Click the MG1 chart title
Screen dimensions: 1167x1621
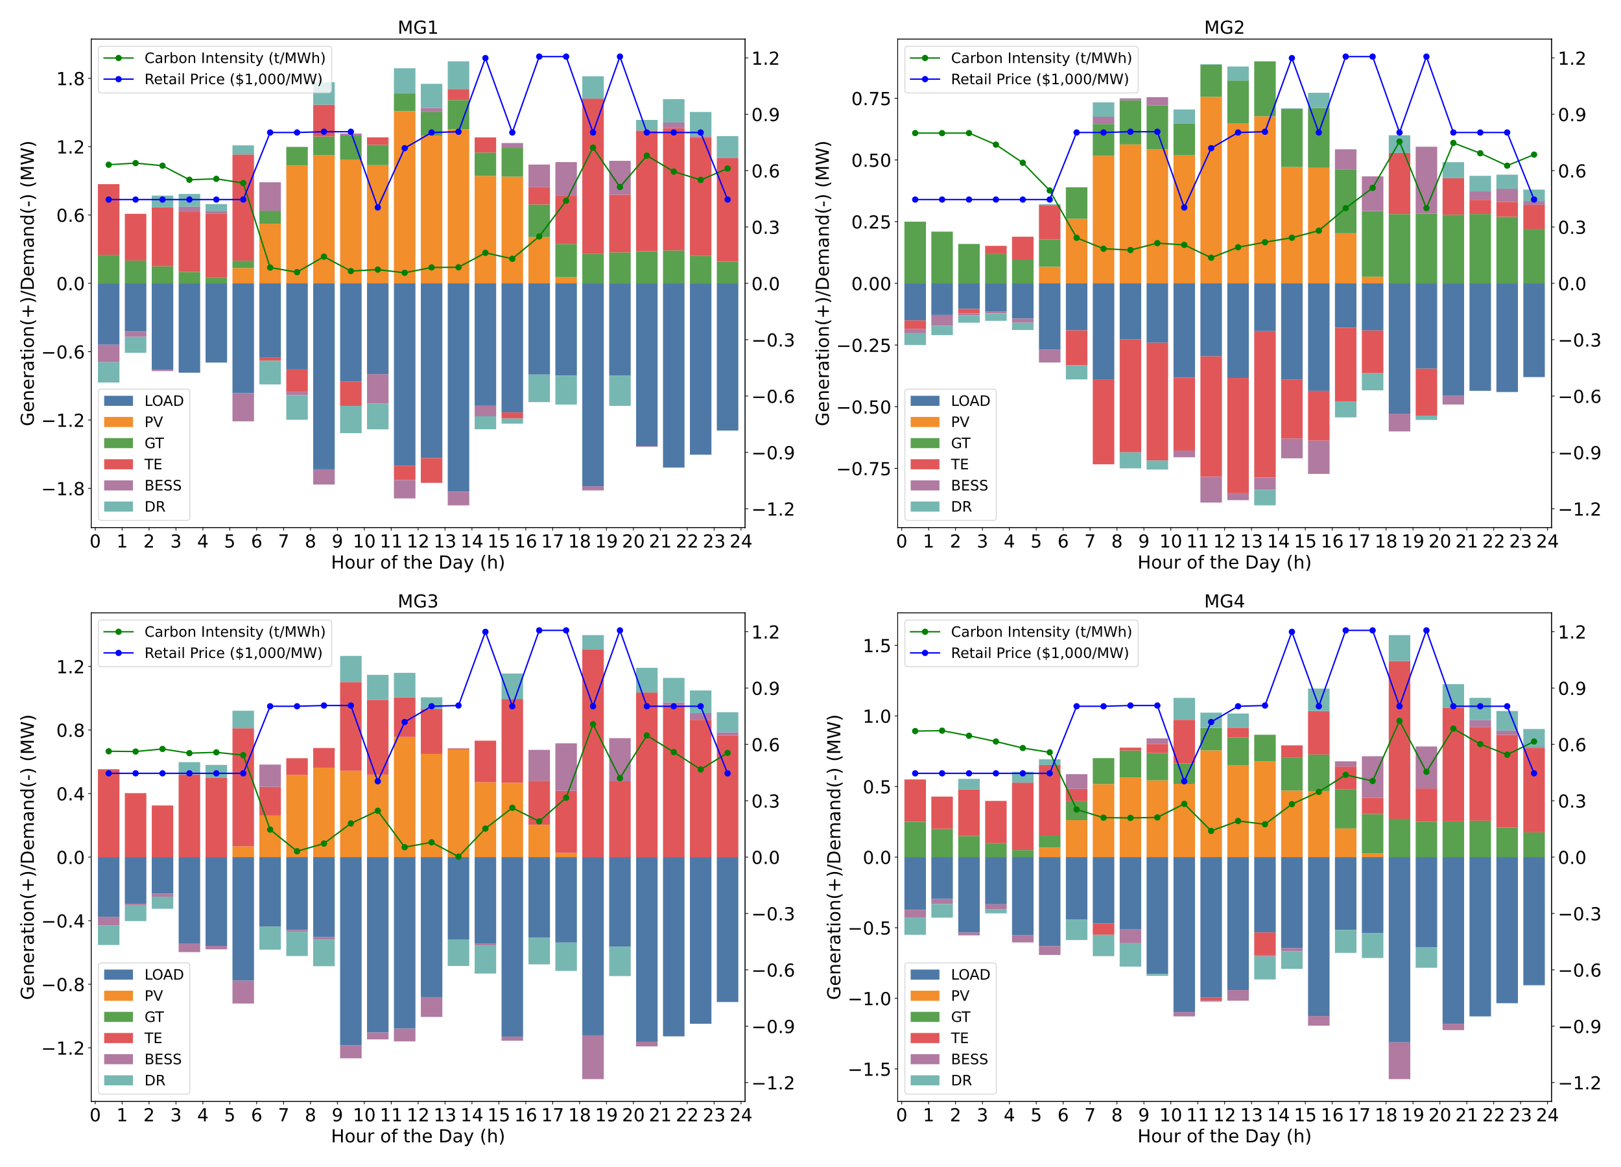(x=418, y=27)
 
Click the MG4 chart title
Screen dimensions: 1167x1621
(x=1224, y=601)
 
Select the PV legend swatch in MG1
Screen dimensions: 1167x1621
(x=118, y=422)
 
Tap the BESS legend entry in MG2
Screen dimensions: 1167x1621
(x=969, y=486)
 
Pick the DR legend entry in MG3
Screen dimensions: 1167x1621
(x=154, y=1081)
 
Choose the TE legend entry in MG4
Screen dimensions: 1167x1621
(x=959, y=1039)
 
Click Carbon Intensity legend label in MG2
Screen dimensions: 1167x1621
(x=1041, y=58)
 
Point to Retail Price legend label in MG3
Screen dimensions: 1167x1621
(x=233, y=653)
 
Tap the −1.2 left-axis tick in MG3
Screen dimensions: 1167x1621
(x=64, y=1048)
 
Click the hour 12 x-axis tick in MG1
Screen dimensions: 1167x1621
(x=418, y=542)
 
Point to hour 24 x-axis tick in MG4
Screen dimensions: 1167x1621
(x=1547, y=1116)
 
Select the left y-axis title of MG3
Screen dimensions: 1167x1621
(x=27, y=857)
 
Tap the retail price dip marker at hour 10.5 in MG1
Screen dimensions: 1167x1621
(x=377, y=207)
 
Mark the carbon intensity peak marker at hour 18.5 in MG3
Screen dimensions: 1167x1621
(x=593, y=725)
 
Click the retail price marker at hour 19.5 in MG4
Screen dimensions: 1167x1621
(x=1426, y=630)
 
